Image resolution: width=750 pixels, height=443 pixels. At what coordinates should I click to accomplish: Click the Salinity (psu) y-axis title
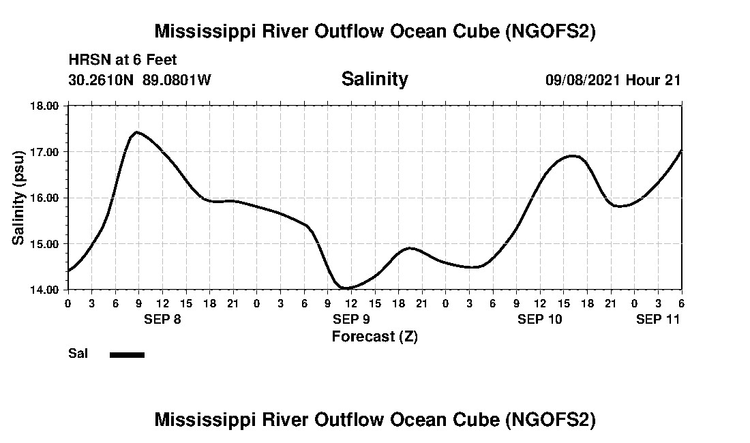(x=19, y=198)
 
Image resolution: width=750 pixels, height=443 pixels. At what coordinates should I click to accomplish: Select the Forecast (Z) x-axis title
(x=374, y=337)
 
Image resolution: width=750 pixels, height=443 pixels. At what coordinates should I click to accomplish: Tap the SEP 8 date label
(x=162, y=319)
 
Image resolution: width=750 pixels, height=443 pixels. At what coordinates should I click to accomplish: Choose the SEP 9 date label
(x=350, y=319)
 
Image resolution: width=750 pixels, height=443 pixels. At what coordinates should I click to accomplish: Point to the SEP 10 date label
(x=539, y=319)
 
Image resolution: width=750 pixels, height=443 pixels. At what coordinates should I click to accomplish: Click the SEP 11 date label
(x=657, y=319)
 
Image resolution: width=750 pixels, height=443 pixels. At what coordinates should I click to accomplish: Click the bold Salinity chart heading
(x=374, y=79)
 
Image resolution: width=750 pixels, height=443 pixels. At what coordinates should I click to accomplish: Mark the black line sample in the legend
(x=127, y=354)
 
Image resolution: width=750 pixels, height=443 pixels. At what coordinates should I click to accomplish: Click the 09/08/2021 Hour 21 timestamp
(x=613, y=80)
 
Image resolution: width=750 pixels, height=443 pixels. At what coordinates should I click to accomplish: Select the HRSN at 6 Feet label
(x=123, y=60)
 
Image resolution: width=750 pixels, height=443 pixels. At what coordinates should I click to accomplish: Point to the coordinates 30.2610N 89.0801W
(x=140, y=80)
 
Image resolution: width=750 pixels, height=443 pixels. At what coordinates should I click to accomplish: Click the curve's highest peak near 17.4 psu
(x=137, y=132)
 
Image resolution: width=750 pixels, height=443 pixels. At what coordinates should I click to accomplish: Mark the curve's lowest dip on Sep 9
(x=346, y=288)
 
